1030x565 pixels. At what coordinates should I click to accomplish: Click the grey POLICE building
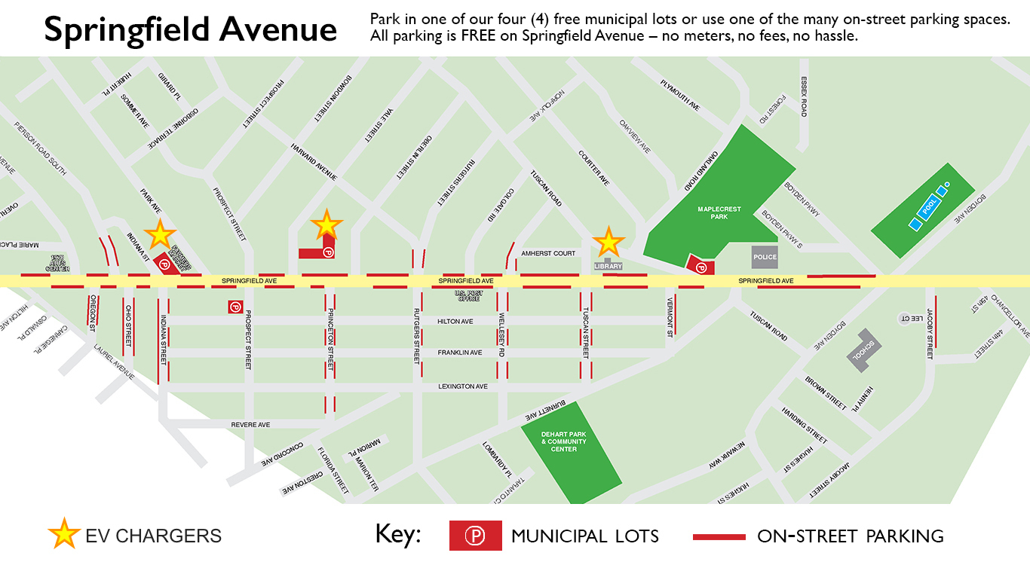(x=765, y=257)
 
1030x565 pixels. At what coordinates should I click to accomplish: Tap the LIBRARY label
(x=608, y=266)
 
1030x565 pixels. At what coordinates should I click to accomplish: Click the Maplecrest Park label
(x=713, y=213)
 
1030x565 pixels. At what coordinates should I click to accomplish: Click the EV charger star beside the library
(x=608, y=242)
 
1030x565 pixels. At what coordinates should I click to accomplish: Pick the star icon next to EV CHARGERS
(x=64, y=535)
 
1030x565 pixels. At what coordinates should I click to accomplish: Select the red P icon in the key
(x=475, y=536)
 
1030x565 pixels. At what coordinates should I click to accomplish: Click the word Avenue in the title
(x=278, y=29)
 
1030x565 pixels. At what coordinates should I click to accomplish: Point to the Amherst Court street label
(x=548, y=254)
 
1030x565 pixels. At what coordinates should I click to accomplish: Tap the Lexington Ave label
(x=463, y=386)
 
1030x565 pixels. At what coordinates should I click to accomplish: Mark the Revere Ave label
(x=251, y=425)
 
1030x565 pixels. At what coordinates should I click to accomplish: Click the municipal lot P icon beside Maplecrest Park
(x=700, y=266)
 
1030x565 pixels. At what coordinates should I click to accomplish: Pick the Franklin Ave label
(x=459, y=353)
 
